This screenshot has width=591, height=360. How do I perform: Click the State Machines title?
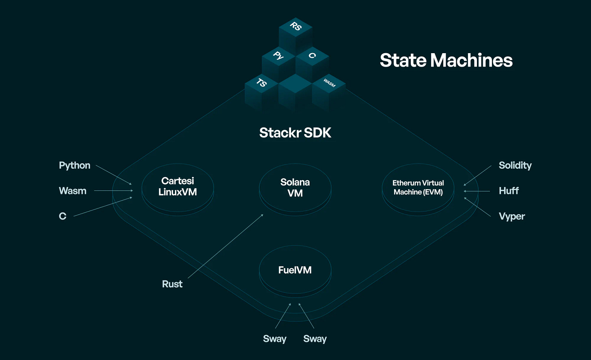point(446,60)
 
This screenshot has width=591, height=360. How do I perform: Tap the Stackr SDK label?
point(295,133)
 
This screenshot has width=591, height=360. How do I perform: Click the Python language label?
point(75,166)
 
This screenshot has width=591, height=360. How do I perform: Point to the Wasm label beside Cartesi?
point(73,191)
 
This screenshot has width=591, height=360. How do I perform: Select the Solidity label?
point(515,166)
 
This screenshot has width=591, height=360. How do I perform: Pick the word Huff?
point(509,191)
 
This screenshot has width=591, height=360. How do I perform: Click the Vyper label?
point(512,216)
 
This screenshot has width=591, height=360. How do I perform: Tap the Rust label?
point(172,284)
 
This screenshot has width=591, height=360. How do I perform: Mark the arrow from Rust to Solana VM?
point(225,246)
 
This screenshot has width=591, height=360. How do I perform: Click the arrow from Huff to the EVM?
point(477,191)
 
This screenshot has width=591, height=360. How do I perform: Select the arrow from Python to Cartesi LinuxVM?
point(114,175)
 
